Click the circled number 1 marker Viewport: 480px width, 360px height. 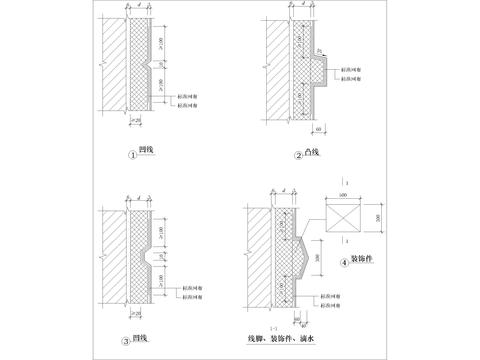[132, 153]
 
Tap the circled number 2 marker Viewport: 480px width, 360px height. [297, 154]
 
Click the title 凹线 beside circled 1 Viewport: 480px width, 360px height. [147, 152]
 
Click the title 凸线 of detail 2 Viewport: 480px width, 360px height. [312, 153]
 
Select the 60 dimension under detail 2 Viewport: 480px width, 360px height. [318, 130]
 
